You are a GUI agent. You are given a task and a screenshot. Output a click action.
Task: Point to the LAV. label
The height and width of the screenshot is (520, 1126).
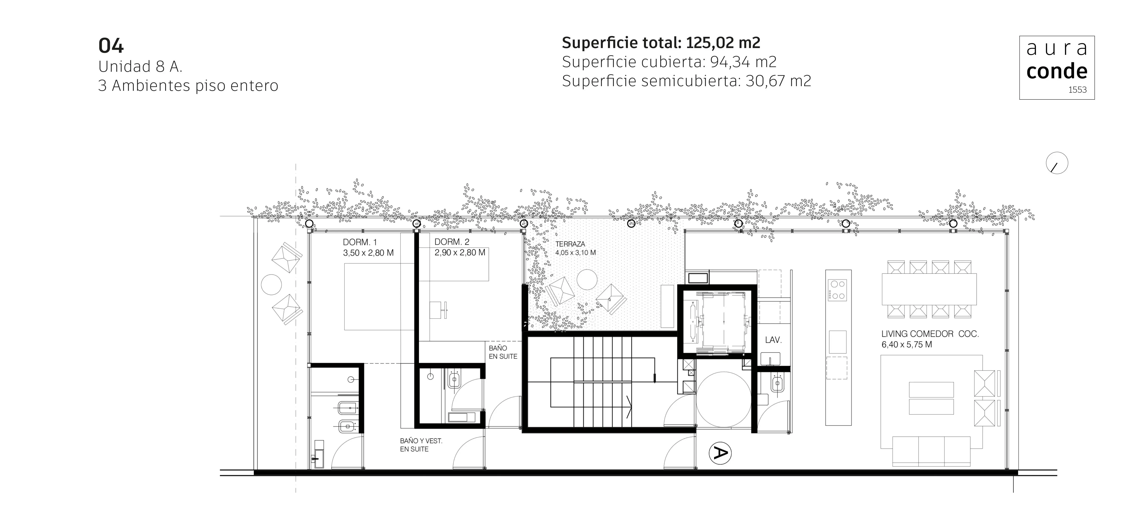point(773,340)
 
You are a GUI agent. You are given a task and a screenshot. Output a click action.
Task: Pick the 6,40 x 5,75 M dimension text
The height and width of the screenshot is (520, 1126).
point(907,345)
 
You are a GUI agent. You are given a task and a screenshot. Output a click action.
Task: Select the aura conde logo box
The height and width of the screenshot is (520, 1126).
point(1057,68)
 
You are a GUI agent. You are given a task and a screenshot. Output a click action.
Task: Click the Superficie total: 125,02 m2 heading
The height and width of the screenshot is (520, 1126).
point(661,43)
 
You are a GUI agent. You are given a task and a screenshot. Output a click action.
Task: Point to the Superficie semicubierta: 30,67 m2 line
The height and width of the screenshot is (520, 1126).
point(686,81)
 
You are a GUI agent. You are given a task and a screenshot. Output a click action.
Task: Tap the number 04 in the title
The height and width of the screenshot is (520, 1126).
point(111,46)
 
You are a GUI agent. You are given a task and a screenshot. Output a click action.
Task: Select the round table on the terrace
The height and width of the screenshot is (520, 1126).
point(587,279)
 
